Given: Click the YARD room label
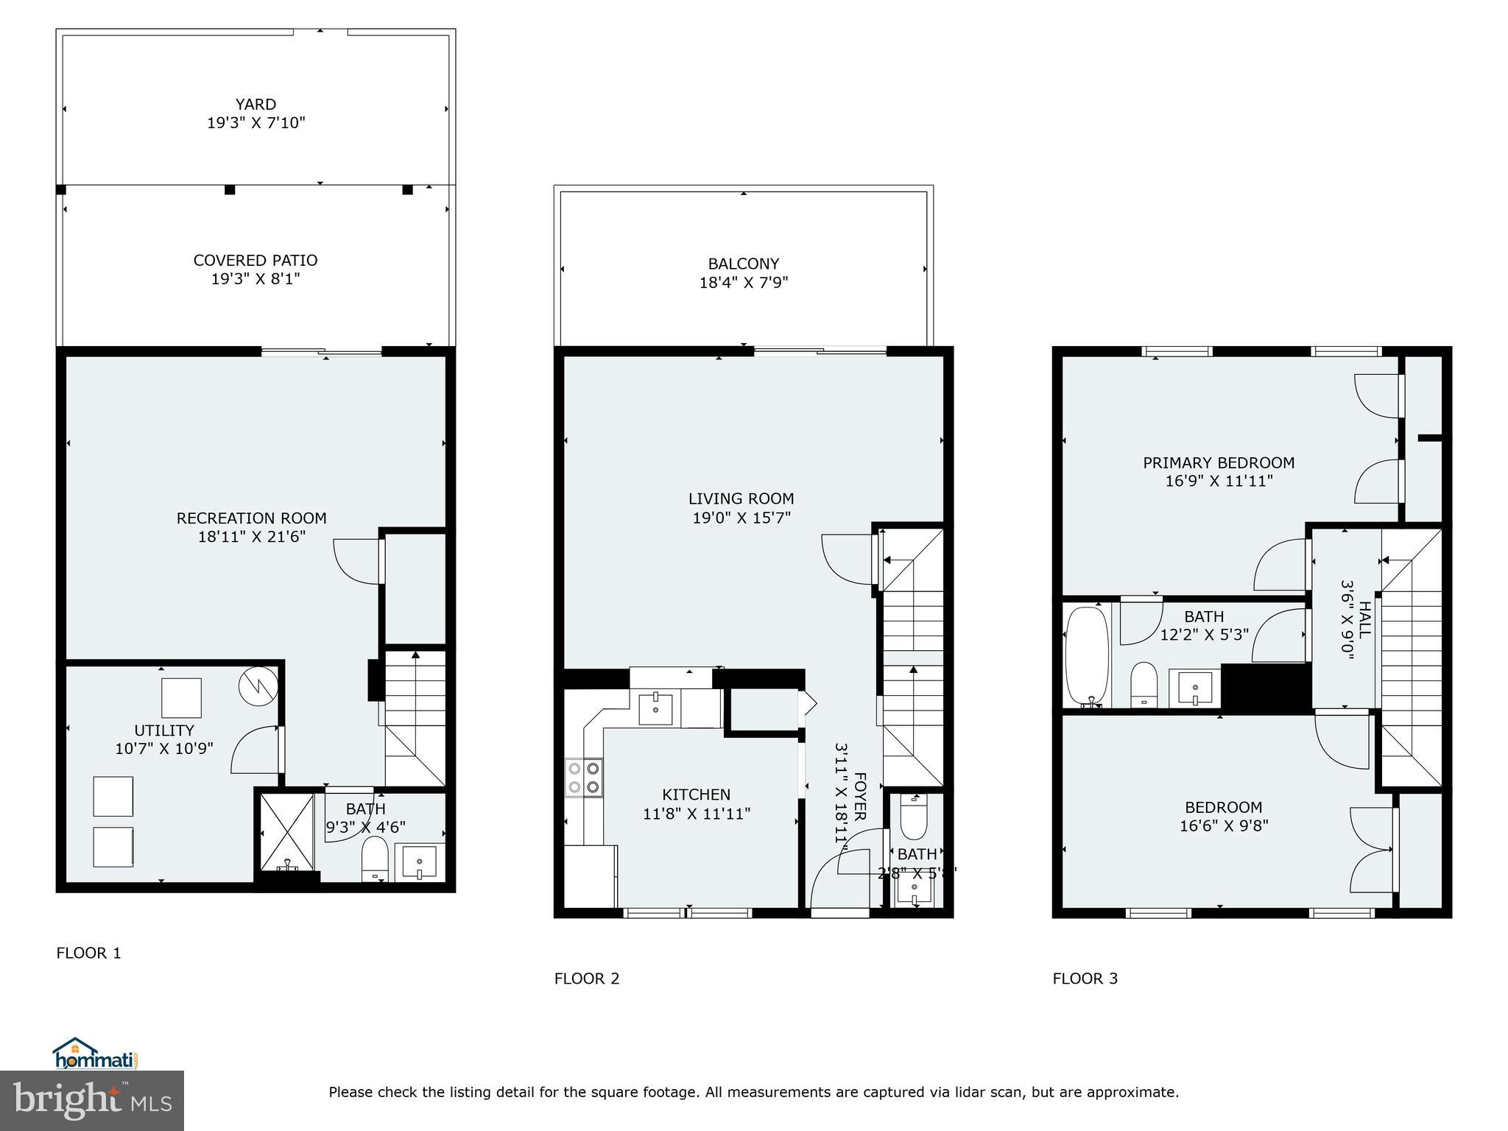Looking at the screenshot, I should [x=256, y=105].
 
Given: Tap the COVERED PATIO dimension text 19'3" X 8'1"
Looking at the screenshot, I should [x=256, y=279].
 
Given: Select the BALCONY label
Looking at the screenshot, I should [x=743, y=264].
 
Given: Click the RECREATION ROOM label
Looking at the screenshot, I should [x=251, y=518].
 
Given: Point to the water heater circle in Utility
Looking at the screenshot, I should [x=257, y=686].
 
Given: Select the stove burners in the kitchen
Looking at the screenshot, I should [x=583, y=778].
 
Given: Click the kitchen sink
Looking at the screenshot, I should [x=655, y=709].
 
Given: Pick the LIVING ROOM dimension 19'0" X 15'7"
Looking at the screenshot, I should [x=741, y=518].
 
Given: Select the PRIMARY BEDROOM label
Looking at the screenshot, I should [x=1219, y=462].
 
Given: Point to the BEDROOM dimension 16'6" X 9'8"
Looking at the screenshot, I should [x=1224, y=826].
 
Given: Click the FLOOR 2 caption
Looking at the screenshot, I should [x=587, y=979].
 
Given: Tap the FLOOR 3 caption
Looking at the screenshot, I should [x=1085, y=979].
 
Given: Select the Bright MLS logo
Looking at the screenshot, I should [x=92, y=1100].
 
